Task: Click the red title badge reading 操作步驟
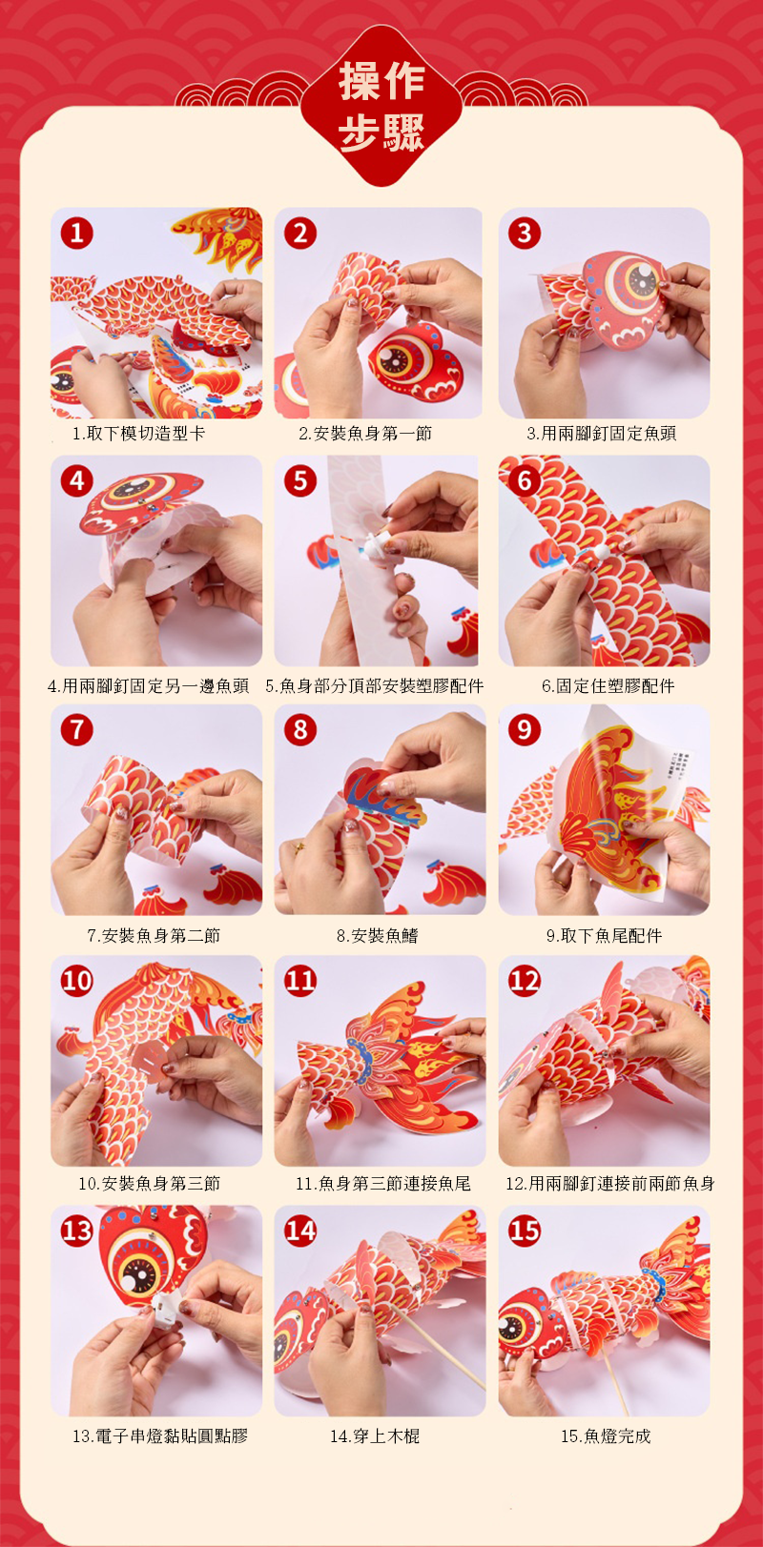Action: tap(381, 107)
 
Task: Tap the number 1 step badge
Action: tap(76, 234)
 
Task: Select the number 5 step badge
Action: tap(300, 480)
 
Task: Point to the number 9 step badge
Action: tap(525, 729)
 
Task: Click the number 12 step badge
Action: tap(525, 981)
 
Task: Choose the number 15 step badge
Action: tap(525, 1231)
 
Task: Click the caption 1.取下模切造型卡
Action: tap(138, 434)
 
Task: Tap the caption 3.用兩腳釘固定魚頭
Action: tap(601, 434)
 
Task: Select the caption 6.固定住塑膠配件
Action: tap(608, 685)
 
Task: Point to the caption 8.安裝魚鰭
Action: tap(378, 936)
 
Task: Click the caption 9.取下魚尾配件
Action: tap(604, 936)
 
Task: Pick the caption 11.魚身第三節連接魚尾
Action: tap(382, 1184)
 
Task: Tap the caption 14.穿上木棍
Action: tap(375, 1436)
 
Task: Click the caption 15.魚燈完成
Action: tap(606, 1436)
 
